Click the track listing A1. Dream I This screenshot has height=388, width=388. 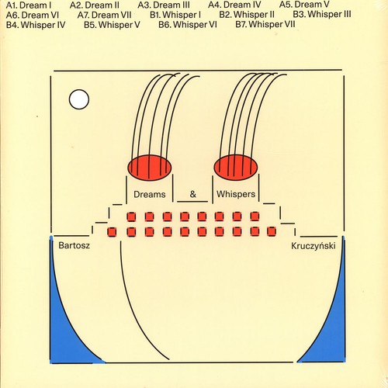[29, 5]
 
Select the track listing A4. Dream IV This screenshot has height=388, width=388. [234, 5]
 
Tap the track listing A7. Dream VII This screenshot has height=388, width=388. [104, 15]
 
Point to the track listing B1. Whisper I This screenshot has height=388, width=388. [175, 15]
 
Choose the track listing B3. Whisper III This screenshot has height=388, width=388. [322, 14]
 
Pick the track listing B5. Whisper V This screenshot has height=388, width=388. [112, 25]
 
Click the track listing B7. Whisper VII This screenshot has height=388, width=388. [265, 24]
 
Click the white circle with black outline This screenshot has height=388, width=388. [79, 99]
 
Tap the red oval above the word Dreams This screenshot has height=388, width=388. [149, 168]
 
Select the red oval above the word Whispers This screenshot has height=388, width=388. [236, 167]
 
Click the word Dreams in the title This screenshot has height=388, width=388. [150, 194]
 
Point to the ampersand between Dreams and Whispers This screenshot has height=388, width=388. [192, 194]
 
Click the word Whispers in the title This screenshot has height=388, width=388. [236, 194]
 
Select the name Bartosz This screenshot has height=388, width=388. [74, 245]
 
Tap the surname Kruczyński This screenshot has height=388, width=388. [314, 246]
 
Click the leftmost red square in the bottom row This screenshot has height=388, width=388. [112, 232]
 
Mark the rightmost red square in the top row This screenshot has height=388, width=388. [255, 217]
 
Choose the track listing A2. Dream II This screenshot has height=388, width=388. [95, 5]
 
